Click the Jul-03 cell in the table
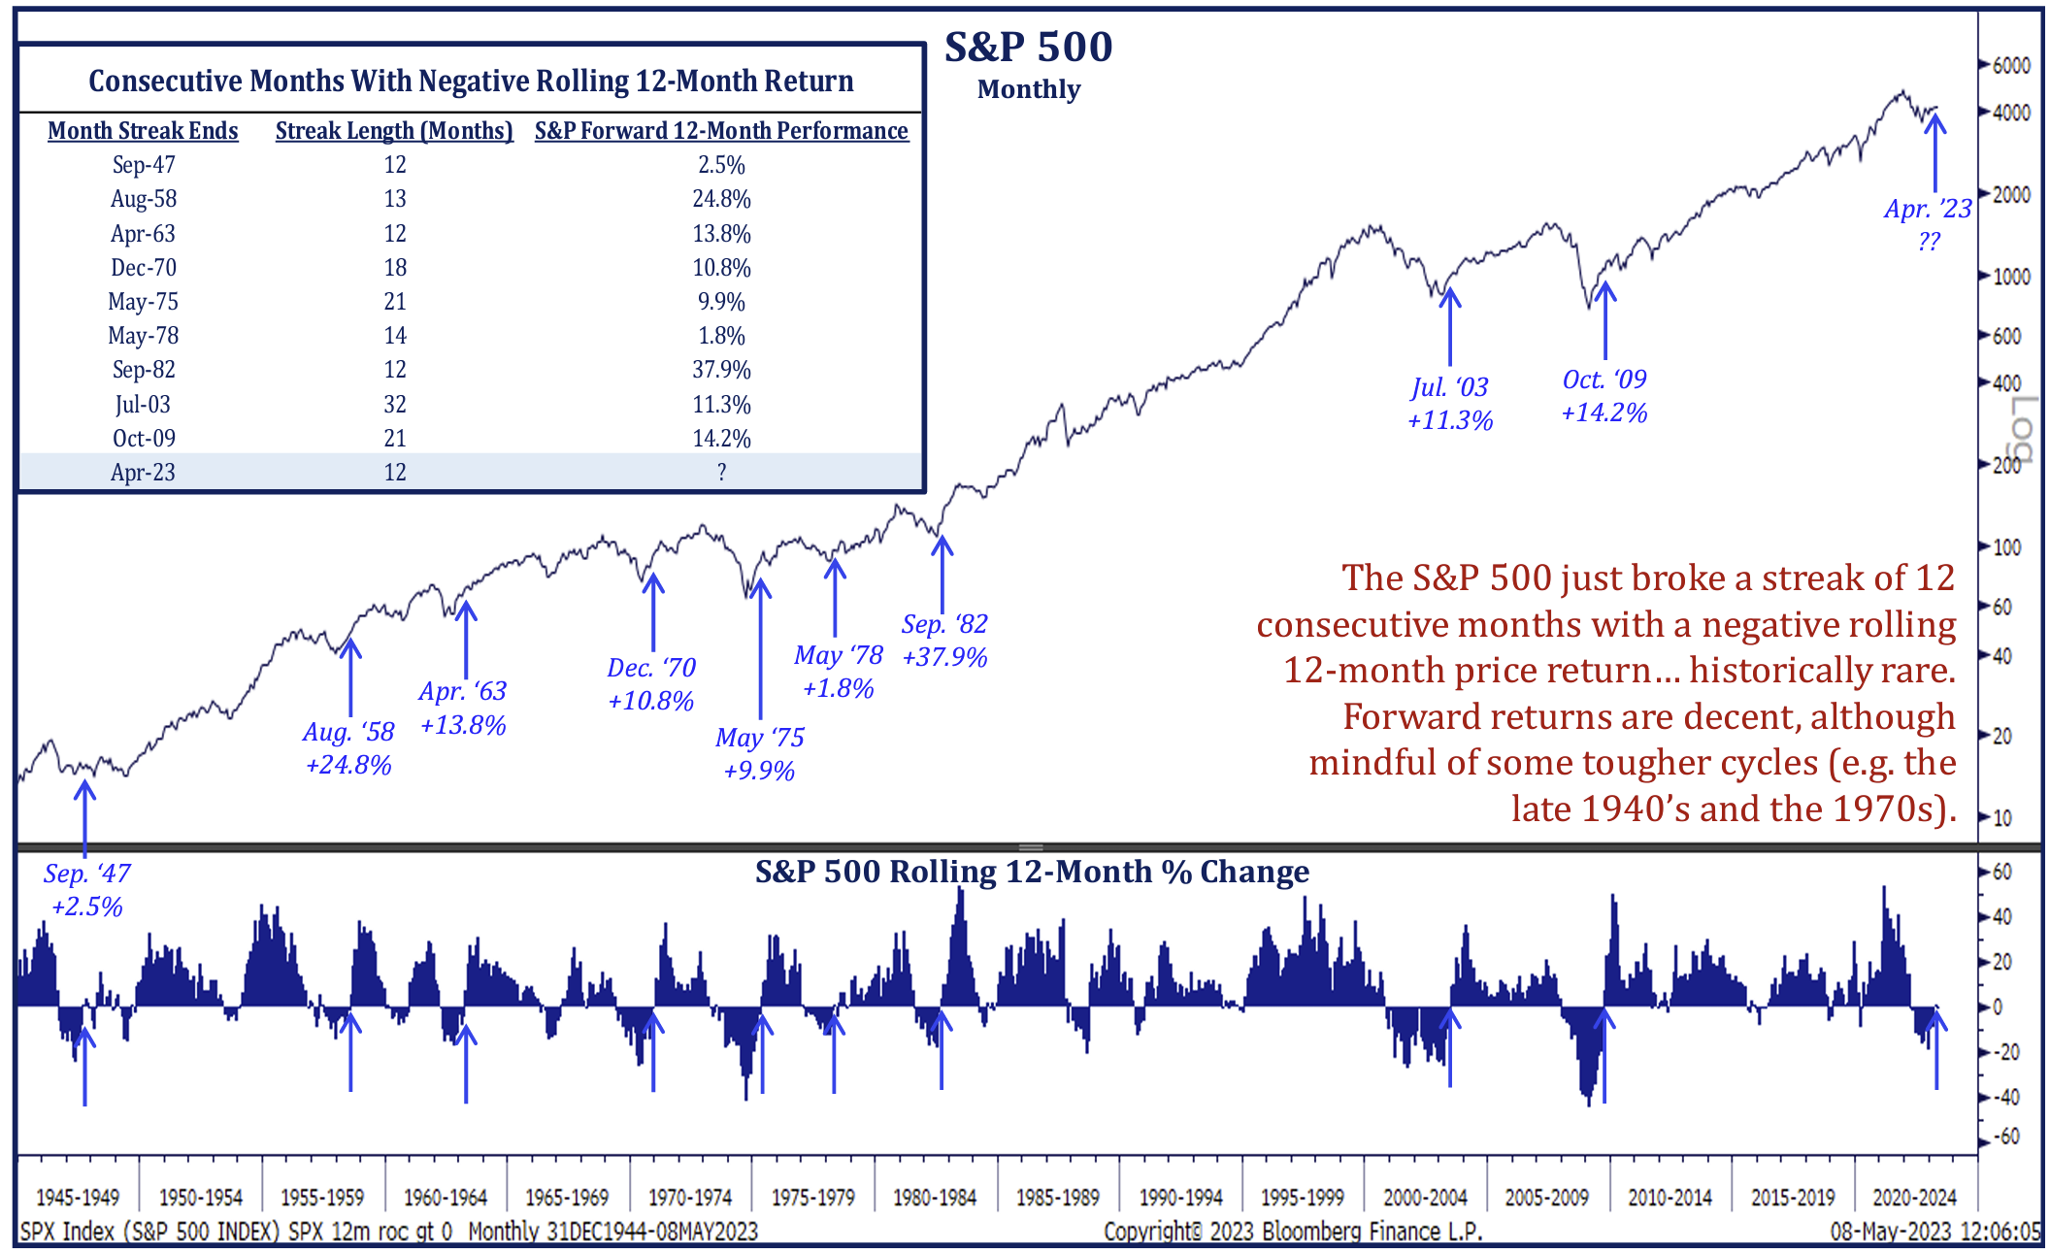[143, 404]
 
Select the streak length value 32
[394, 404]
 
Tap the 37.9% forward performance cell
[721, 370]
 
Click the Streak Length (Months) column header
[394, 131]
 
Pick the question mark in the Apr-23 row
[721, 473]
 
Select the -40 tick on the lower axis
[2004, 1098]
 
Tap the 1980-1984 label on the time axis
[935, 1198]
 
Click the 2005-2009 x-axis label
[1547, 1198]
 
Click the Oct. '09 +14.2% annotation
[1604, 396]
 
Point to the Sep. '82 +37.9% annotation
[944, 641]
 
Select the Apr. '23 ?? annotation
[1928, 224]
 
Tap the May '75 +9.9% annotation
[760, 754]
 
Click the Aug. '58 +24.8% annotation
[348, 748]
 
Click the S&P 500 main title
[1029, 47]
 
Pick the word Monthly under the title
[1029, 89]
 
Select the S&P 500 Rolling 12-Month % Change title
[1032, 872]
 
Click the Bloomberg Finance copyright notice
[1293, 1232]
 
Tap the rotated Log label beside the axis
[2022, 428]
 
